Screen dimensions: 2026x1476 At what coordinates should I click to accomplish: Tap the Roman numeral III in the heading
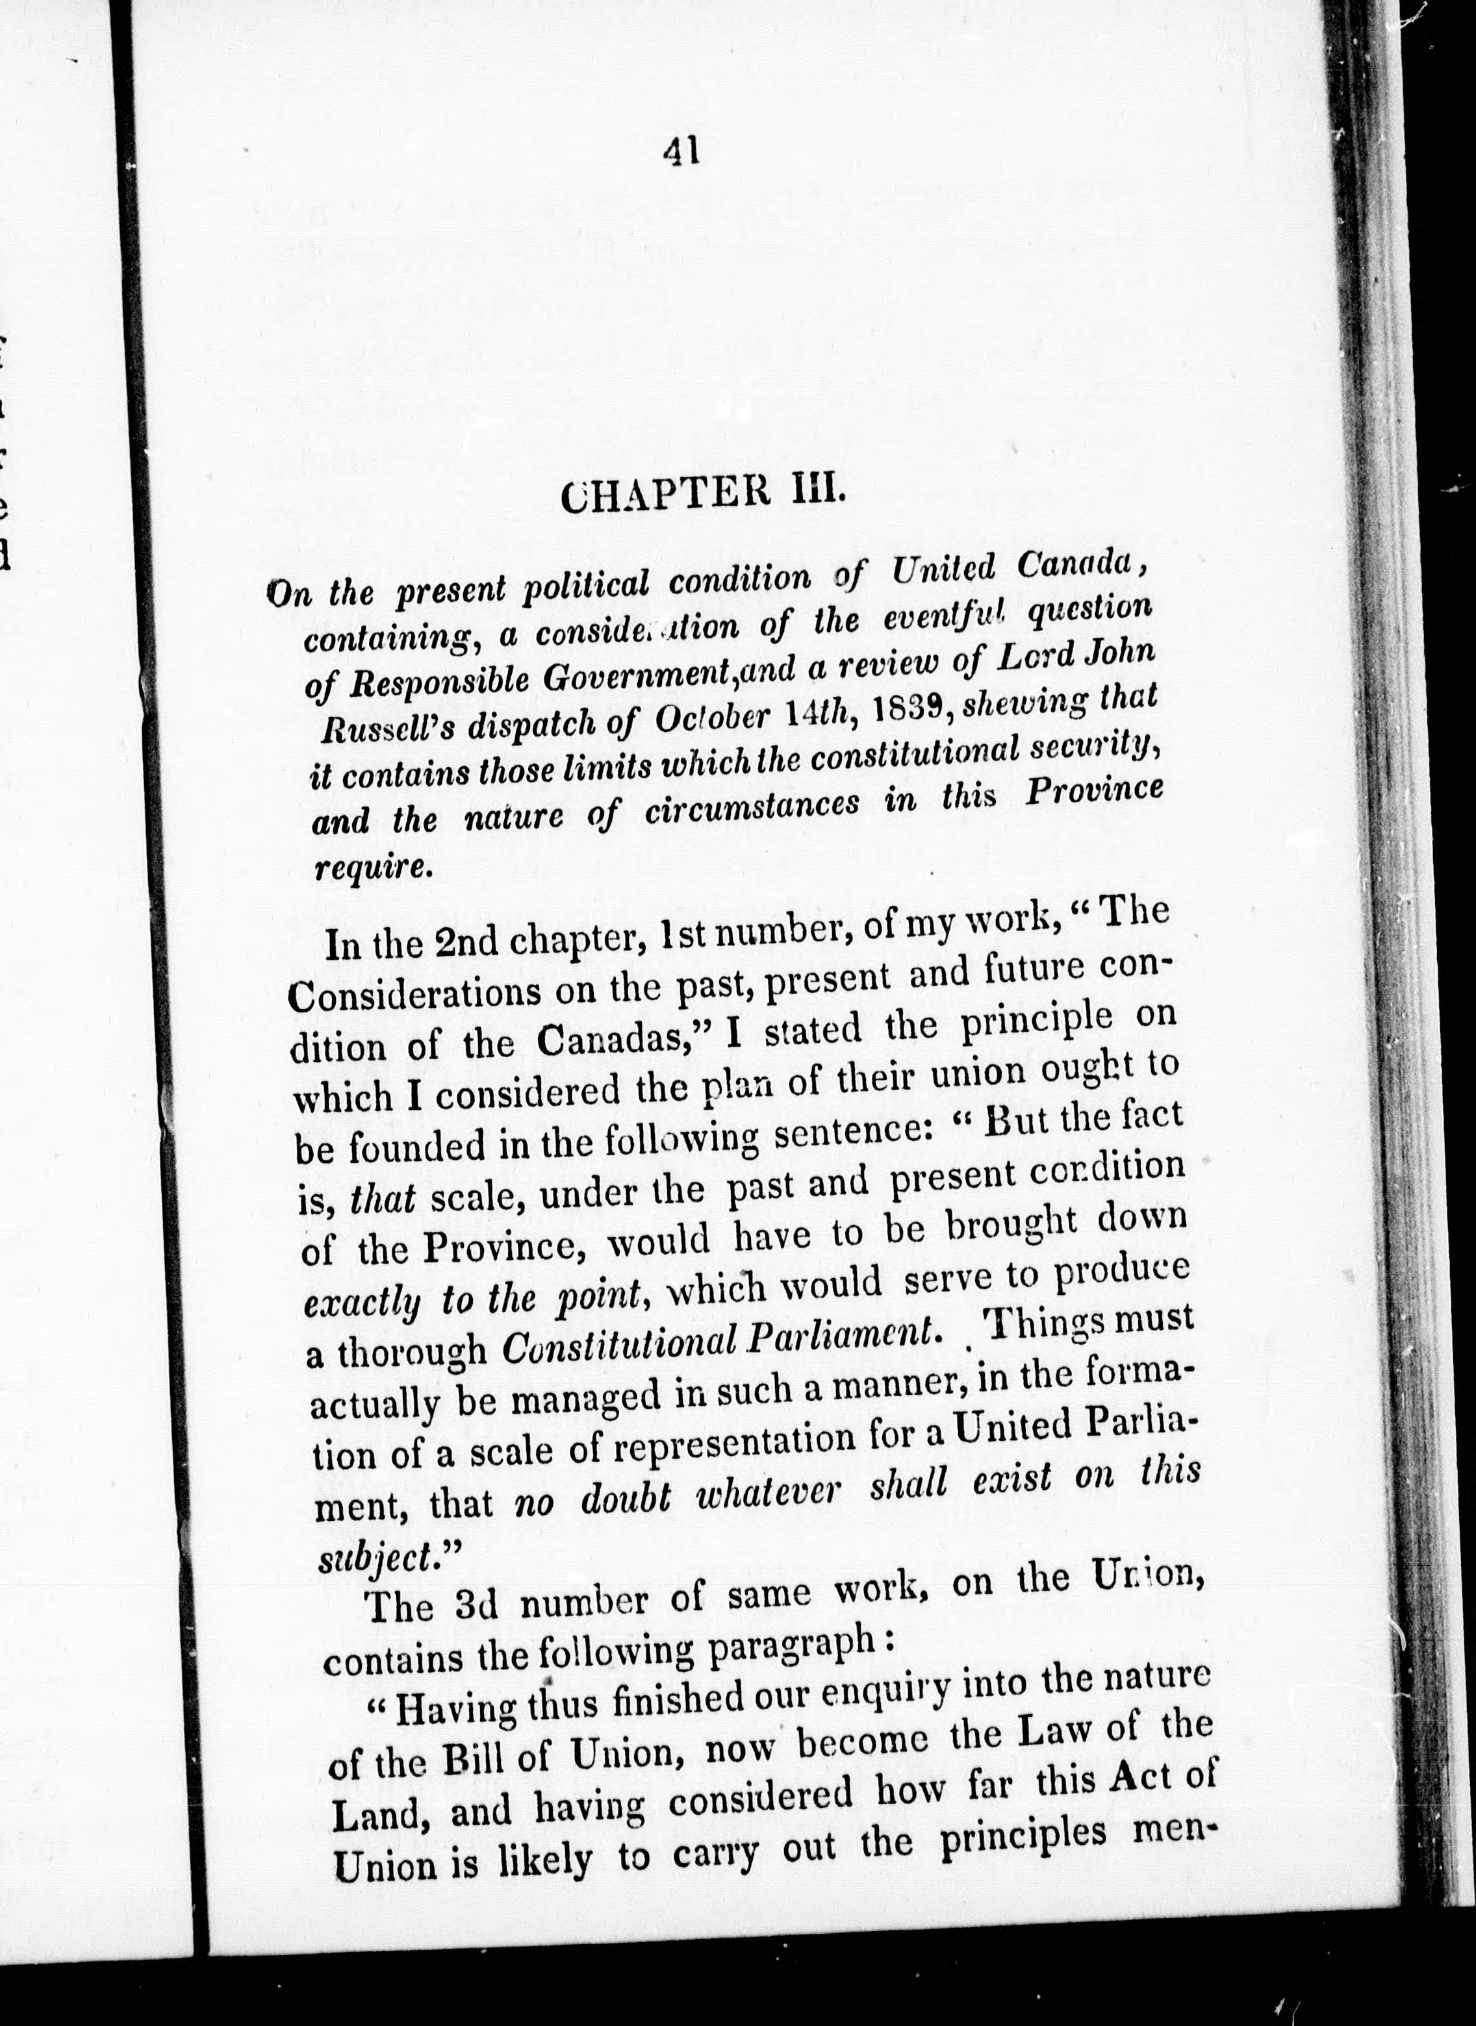click(811, 492)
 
